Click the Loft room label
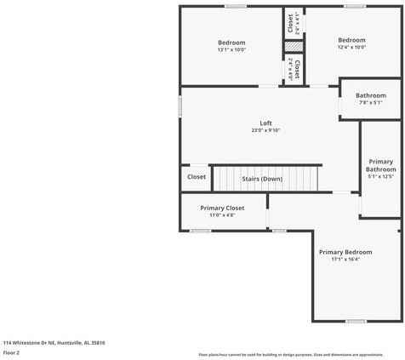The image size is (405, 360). click(x=265, y=123)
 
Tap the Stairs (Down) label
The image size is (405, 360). click(x=262, y=179)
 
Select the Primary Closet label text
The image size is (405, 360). click(x=222, y=208)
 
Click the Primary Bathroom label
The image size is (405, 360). click(x=380, y=165)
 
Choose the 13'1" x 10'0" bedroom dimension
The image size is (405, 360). click(x=231, y=49)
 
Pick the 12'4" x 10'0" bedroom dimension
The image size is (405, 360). click(x=351, y=47)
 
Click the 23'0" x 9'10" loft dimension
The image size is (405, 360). click(x=265, y=130)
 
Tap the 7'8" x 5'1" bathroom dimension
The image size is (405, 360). click(x=371, y=103)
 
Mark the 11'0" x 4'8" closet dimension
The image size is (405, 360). click(x=222, y=215)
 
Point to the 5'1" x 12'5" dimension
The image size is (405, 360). click(x=380, y=177)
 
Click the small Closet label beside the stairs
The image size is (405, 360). click(x=197, y=177)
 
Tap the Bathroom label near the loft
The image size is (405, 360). click(x=371, y=95)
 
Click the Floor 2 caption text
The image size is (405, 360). click(x=12, y=351)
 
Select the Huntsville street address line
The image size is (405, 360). click(x=54, y=342)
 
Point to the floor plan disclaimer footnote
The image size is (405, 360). click(x=302, y=354)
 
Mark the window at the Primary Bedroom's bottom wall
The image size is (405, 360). click(x=357, y=321)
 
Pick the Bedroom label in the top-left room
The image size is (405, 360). click(x=231, y=43)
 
